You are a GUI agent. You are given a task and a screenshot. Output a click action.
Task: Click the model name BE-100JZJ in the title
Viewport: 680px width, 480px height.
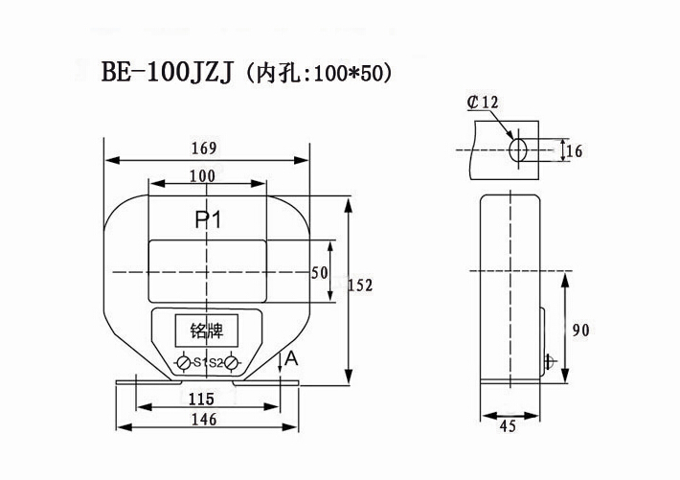point(163,74)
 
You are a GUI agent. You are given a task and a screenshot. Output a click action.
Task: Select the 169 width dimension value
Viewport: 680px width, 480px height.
point(204,149)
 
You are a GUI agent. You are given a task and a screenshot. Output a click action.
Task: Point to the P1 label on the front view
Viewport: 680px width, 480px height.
point(208,219)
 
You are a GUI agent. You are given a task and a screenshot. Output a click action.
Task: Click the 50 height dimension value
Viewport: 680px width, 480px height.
point(320,272)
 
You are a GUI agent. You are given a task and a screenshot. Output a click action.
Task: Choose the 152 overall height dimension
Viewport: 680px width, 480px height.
point(360,286)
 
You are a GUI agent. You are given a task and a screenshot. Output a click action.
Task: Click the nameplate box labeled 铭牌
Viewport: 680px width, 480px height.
point(206,331)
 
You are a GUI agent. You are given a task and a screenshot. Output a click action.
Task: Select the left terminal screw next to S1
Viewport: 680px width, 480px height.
point(183,363)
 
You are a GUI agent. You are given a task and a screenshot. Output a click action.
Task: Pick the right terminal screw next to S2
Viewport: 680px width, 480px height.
point(231,363)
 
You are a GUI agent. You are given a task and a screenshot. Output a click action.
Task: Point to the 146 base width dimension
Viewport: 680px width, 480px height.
point(201,419)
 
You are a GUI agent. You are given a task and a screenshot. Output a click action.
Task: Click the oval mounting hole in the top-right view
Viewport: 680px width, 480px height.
point(518,149)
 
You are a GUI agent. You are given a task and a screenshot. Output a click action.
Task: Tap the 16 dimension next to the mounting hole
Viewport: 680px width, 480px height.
point(575,150)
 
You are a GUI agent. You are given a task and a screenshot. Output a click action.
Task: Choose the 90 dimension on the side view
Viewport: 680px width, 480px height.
point(580,331)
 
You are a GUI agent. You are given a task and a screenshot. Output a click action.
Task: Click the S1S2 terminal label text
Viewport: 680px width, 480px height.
point(207,363)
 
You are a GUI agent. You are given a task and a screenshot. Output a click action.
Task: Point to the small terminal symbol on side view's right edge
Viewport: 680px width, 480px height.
point(549,361)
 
